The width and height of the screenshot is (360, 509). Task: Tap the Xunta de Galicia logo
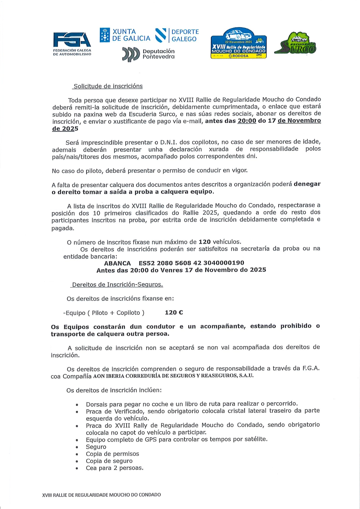(125, 35)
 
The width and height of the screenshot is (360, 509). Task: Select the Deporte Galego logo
(177, 35)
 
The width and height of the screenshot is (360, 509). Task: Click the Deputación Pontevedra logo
(148, 54)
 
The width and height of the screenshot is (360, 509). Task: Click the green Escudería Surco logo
(295, 43)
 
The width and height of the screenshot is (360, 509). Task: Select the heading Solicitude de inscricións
(108, 86)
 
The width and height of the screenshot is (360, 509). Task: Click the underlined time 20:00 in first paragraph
(247, 121)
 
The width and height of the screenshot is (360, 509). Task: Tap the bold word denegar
(307, 184)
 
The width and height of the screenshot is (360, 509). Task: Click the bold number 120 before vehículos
(204, 242)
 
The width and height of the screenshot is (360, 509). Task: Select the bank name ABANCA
(117, 263)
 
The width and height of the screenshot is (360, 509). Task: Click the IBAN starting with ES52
(191, 263)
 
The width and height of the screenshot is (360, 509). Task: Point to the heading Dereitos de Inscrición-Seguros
(117, 285)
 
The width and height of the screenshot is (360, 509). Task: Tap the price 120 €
(174, 313)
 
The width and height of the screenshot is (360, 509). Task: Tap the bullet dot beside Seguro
(77, 447)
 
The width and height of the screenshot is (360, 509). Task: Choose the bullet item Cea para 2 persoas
(115, 468)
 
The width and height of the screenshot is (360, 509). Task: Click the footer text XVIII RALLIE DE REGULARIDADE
(102, 495)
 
